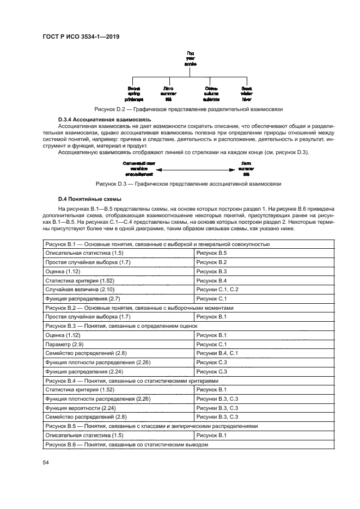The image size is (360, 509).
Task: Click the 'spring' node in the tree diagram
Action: [134, 94]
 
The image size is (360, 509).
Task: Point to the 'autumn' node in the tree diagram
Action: [212, 94]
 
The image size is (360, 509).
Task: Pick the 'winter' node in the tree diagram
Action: [246, 94]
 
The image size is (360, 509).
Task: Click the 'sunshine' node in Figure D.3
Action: [137, 169]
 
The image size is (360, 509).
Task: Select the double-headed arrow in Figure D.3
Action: [194, 169]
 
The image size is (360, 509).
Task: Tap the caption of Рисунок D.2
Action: [188, 109]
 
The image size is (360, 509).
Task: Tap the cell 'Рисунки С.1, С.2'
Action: [217, 289]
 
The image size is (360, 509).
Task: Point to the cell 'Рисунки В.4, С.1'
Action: [217, 353]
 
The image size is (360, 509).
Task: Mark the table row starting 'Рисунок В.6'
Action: [126, 445]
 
